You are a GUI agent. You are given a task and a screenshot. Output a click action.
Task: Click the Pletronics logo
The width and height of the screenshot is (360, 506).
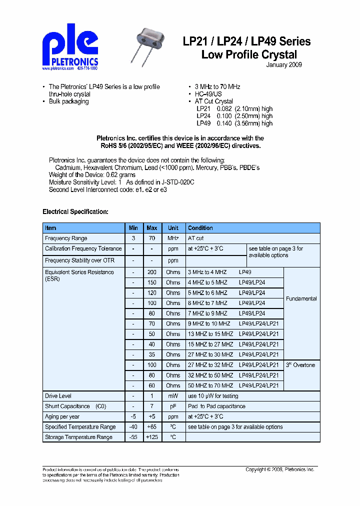coord(70,48)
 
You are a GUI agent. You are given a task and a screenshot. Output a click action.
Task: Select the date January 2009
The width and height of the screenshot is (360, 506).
coord(283,65)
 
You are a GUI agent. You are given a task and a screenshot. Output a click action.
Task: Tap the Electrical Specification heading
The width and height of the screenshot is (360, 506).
coord(75,211)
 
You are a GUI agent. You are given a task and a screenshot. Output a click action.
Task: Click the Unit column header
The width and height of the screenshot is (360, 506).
coord(173,228)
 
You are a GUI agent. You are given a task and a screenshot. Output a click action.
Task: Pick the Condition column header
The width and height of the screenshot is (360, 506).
coord(200,228)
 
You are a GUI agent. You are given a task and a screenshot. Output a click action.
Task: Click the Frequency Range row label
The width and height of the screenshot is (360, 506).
coord(66,238)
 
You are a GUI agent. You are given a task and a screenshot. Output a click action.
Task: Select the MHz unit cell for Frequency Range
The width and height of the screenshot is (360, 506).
coord(173,238)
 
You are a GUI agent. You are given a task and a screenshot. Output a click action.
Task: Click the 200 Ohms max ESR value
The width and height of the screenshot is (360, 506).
coord(152,272)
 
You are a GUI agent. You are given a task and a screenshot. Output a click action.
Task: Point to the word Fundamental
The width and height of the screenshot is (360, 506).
coord(301,298)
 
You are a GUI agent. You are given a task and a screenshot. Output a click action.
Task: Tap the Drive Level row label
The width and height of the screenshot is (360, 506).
coord(58,396)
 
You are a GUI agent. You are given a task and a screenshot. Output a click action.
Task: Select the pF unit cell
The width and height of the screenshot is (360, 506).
coord(173,406)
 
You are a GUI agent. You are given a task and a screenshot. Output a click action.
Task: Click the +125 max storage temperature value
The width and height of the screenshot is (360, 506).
coord(152,437)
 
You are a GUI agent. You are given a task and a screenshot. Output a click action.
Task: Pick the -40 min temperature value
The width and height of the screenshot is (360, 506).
coord(133,427)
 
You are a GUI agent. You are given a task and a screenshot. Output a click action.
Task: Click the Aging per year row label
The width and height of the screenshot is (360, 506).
coord(62,416)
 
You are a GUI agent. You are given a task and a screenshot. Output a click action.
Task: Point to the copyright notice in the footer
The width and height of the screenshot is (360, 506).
coord(279,469)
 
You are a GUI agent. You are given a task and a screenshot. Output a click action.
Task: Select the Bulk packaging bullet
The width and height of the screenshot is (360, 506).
coord(69,101)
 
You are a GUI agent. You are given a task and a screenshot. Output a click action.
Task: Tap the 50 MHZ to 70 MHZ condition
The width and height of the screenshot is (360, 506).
coord(210,385)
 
